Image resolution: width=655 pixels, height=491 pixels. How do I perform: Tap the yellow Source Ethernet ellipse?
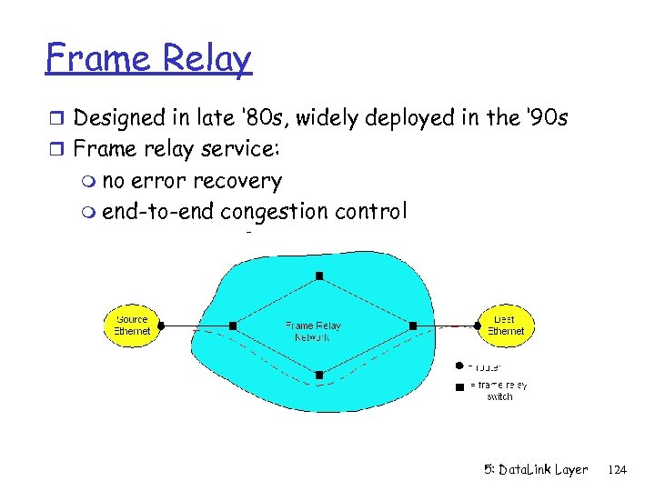point(132,325)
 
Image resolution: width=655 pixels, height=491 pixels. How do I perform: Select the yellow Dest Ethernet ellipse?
point(505,325)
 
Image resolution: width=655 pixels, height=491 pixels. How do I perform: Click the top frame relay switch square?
point(319,276)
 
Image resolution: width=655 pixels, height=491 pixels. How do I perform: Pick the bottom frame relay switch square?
point(319,374)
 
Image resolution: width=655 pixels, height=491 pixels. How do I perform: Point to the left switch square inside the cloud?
point(233,325)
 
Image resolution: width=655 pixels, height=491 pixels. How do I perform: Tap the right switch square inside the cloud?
point(412,325)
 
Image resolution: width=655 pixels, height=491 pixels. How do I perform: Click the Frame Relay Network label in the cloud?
point(313,331)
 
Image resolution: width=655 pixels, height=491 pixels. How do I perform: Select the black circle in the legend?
point(459,366)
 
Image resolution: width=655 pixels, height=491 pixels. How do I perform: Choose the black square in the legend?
point(459,386)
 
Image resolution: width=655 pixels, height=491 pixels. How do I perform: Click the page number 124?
point(617,470)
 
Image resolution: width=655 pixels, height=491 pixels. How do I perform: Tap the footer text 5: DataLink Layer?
point(536,470)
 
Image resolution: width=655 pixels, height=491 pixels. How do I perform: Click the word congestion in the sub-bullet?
point(275,212)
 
